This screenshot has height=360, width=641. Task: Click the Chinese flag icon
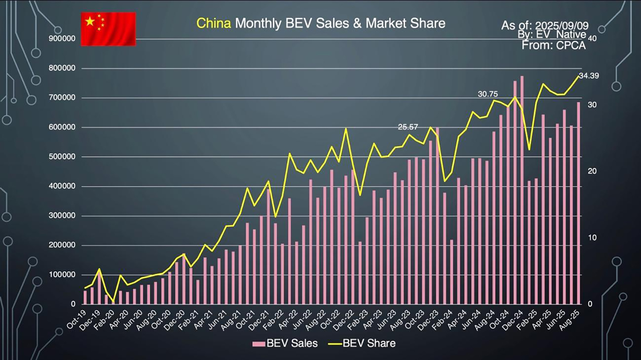click(x=108, y=29)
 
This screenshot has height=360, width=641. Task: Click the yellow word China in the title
click(x=213, y=23)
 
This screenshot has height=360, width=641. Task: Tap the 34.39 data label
click(x=588, y=76)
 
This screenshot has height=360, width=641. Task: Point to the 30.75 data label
click(x=488, y=94)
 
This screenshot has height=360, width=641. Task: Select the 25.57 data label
click(x=408, y=127)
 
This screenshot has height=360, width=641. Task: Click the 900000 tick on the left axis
click(x=62, y=38)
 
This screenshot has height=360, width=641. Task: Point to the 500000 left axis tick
click(x=62, y=156)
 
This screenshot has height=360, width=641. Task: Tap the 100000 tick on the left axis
click(x=62, y=274)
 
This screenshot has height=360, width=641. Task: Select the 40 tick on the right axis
click(x=592, y=38)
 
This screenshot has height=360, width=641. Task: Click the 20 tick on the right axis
click(x=592, y=171)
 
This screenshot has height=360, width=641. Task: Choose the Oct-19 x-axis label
click(x=76, y=319)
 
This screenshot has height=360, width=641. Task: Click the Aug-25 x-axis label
click(x=570, y=319)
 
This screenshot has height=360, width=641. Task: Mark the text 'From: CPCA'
click(x=553, y=45)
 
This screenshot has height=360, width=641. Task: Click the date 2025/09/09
click(x=562, y=26)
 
